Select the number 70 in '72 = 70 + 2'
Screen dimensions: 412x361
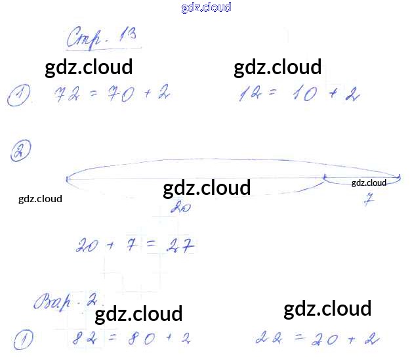(117, 95)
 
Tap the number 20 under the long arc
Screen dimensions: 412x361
(178, 207)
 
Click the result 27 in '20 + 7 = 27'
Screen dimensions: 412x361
(181, 246)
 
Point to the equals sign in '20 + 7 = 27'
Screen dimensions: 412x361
(150, 245)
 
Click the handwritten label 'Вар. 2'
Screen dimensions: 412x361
(64, 303)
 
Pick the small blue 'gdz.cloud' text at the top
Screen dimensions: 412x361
(206, 8)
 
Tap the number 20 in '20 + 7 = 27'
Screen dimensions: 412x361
(88, 246)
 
